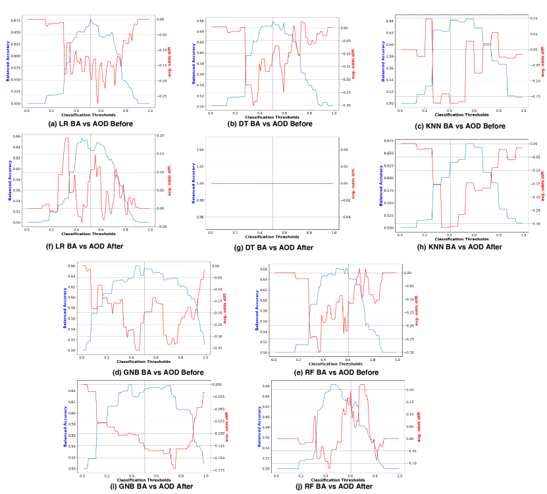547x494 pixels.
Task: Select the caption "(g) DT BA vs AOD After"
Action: (x=271, y=248)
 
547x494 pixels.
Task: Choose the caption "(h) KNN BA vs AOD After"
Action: (x=459, y=247)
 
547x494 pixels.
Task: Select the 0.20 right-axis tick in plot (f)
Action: (x=163, y=135)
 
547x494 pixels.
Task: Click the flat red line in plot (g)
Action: (x=271, y=183)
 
